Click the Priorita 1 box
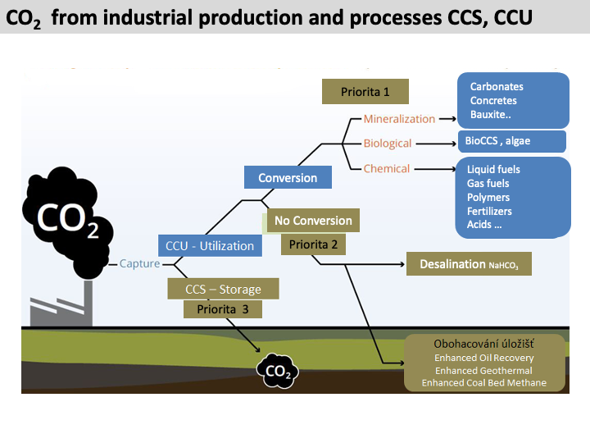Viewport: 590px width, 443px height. tap(365, 91)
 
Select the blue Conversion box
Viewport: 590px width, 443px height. tap(288, 178)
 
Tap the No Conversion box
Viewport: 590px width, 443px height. tap(313, 221)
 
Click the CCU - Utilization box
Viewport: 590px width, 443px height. tap(210, 245)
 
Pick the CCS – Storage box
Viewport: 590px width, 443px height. tap(223, 289)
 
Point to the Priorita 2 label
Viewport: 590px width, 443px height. tap(313, 244)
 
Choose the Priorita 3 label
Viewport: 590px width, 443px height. tap(223, 309)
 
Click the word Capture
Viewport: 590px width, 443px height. tap(139, 263)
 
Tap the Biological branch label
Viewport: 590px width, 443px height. tap(388, 144)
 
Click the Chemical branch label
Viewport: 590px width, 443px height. tap(387, 169)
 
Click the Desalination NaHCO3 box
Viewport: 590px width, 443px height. tap(469, 265)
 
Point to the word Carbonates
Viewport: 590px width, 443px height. tap(497, 87)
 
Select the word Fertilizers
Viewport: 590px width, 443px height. tap(489, 211)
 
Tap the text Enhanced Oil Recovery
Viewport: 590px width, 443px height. tap(483, 359)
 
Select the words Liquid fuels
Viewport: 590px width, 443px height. tap(493, 170)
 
